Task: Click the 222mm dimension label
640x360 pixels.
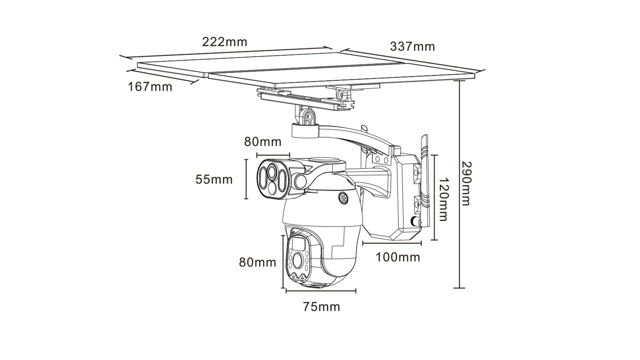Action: [x=225, y=42]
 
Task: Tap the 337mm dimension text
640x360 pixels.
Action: [x=412, y=46]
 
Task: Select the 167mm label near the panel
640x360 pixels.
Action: [x=150, y=87]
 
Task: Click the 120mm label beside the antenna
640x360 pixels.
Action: [x=442, y=199]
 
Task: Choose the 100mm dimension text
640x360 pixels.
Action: [x=398, y=257]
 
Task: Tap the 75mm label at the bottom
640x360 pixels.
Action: [x=322, y=306]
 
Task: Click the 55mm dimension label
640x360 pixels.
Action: [x=214, y=179]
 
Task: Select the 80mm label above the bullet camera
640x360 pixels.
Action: [x=263, y=142]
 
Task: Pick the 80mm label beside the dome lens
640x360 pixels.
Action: [x=258, y=262]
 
